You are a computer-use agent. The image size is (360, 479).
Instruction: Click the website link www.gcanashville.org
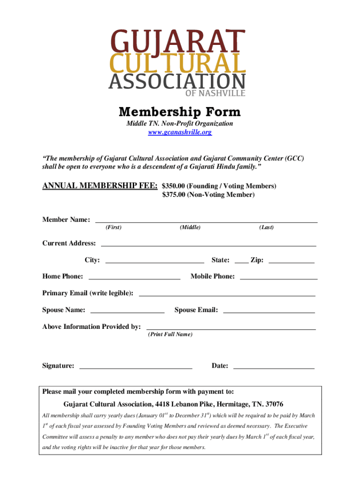[180, 132]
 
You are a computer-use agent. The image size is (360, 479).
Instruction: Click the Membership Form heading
[180, 112]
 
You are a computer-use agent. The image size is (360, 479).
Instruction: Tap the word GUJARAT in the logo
[177, 41]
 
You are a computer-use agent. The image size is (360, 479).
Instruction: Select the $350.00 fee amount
[173, 186]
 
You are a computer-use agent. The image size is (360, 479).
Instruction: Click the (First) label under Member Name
[114, 227]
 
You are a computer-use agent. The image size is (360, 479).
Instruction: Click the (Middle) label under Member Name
[190, 227]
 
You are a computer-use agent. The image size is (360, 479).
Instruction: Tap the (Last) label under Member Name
[266, 227]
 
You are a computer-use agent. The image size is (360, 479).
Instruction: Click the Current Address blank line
[208, 245]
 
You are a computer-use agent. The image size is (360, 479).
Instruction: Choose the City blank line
[155, 261]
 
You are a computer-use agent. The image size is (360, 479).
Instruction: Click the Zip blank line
[291, 261]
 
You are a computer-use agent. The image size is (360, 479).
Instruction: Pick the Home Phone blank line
[134, 278]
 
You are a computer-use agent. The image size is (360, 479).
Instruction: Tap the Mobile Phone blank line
[278, 278]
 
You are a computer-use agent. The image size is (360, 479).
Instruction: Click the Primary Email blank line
[227, 295]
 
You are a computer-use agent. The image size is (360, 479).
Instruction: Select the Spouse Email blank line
[269, 312]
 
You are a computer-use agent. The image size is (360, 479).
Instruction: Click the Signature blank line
[136, 368]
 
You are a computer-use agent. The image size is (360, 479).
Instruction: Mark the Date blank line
[274, 368]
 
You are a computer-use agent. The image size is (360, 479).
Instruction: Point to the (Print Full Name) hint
[170, 335]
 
